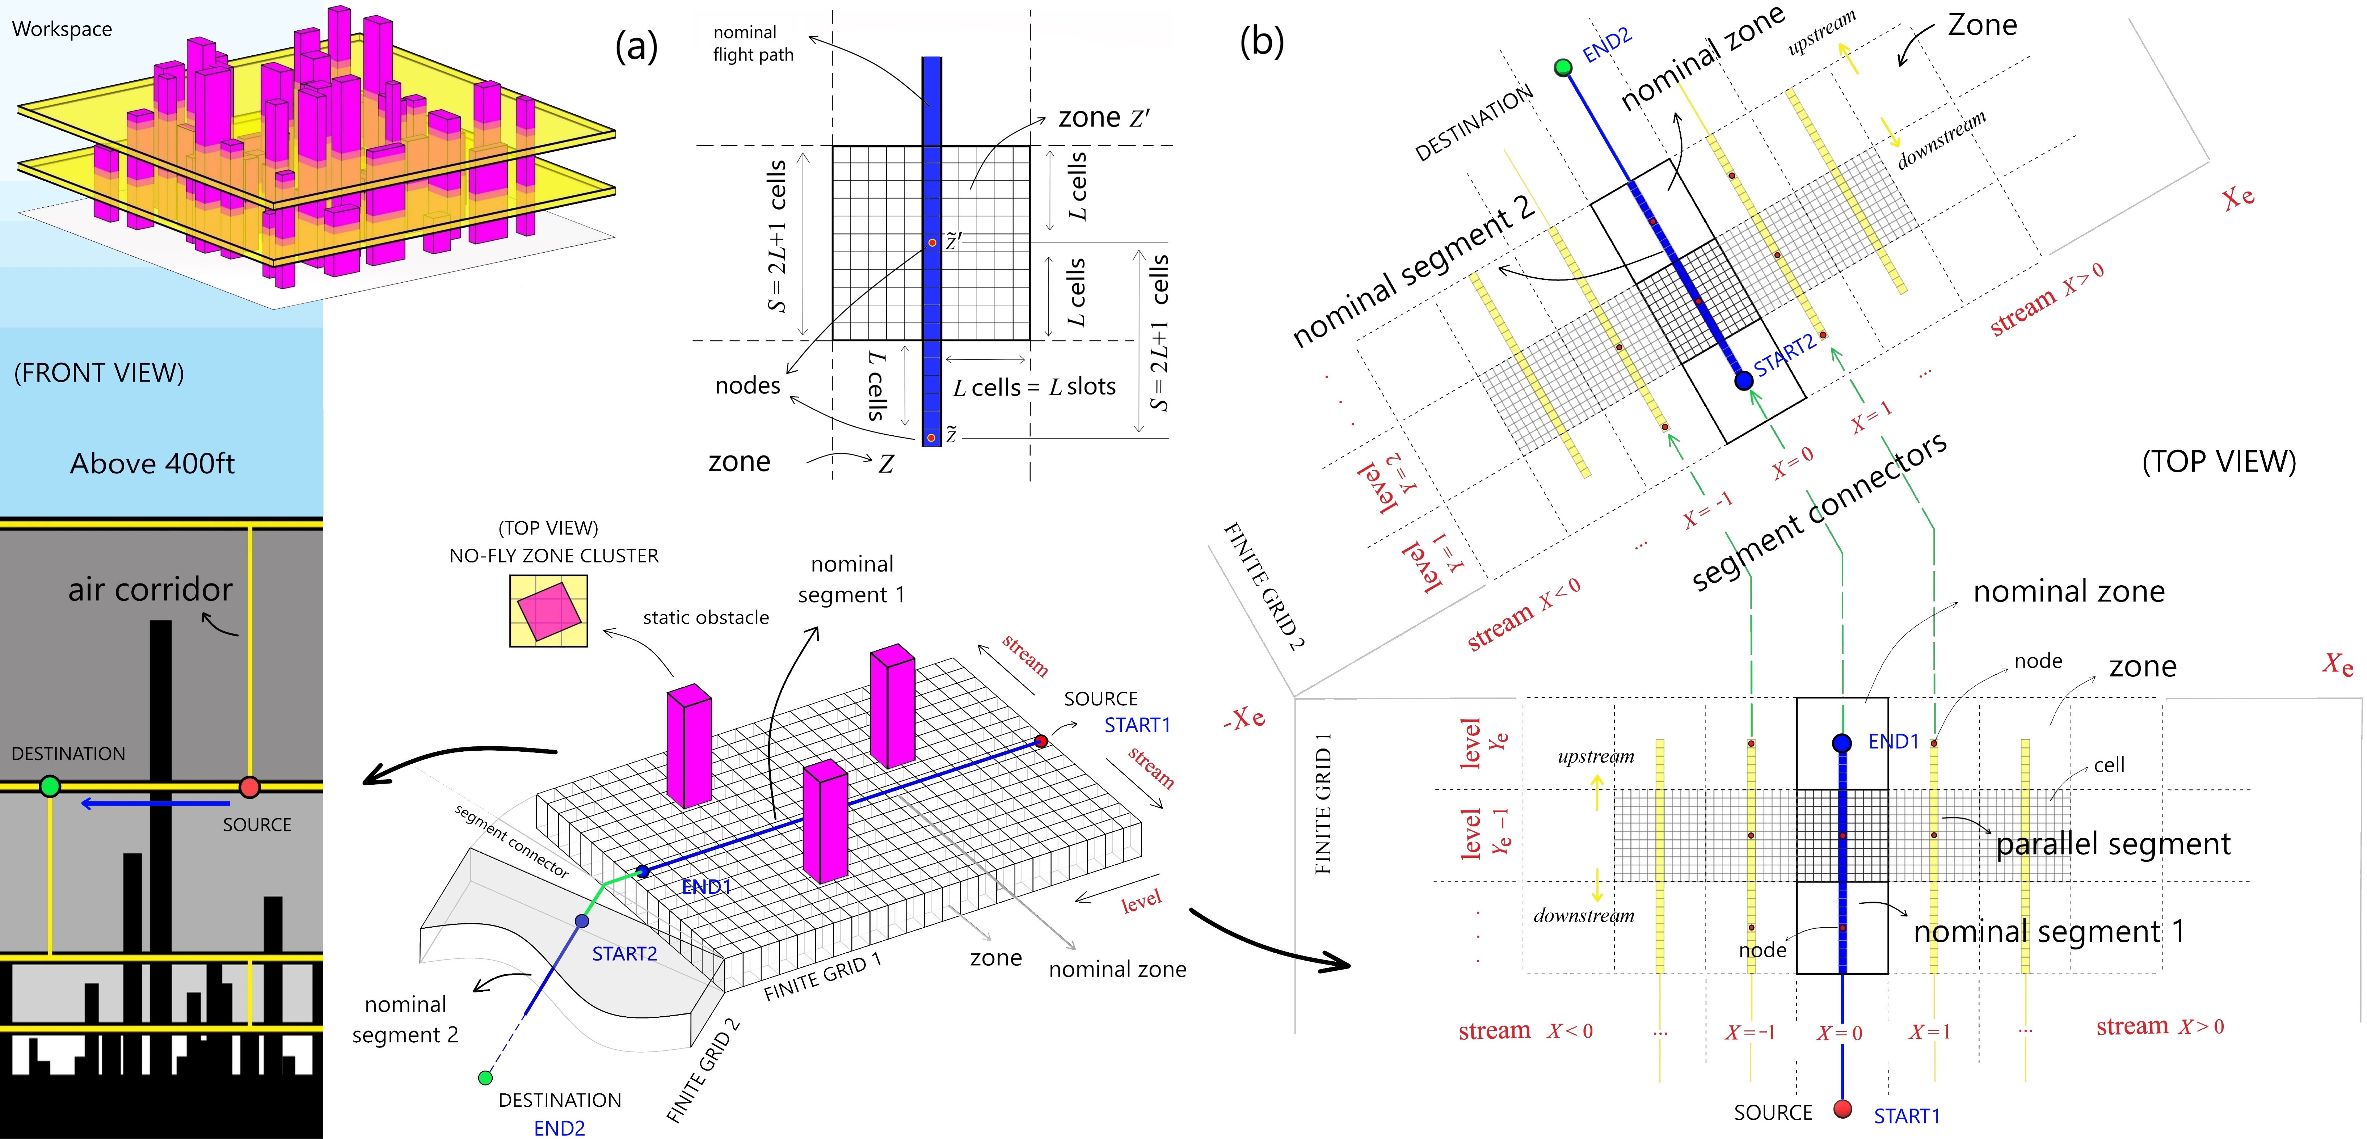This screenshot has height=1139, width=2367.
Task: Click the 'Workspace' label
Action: click(x=62, y=29)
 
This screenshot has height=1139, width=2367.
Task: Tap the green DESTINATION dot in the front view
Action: click(x=51, y=786)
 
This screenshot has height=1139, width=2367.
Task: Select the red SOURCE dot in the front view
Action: click(x=249, y=786)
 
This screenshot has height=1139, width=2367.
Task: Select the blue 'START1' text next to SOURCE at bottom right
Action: click(x=1907, y=1116)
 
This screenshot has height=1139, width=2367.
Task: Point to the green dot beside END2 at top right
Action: click(x=1563, y=67)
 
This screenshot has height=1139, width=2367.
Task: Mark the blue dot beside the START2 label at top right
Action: click(x=1743, y=380)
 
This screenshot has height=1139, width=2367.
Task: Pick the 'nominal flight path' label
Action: click(x=753, y=43)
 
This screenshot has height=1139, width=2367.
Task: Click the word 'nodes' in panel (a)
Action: click(x=747, y=386)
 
